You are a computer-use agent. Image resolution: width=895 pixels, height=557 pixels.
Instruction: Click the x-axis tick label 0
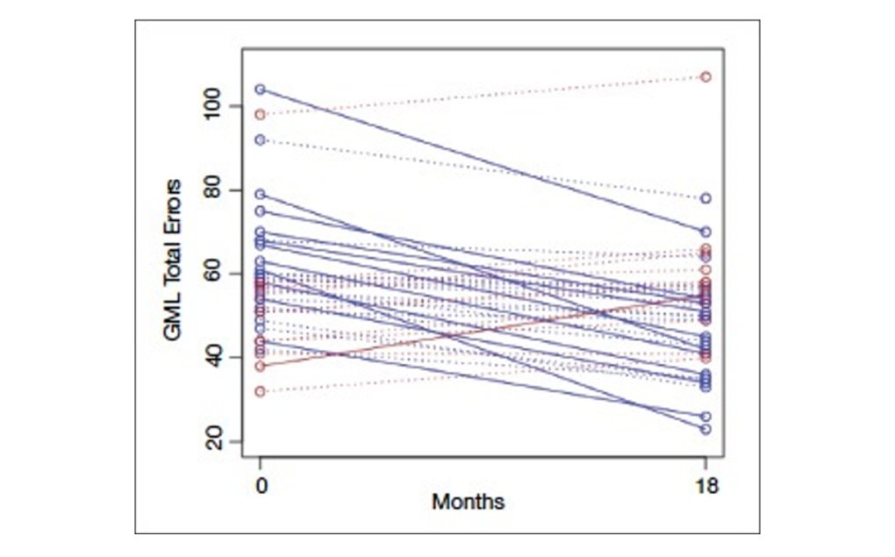coord(260,484)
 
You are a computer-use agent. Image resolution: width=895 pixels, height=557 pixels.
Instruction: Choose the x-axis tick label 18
coord(705,484)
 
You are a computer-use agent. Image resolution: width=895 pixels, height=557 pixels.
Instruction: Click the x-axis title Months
coord(468,503)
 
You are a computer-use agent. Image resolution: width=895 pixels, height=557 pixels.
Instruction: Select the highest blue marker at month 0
coord(260,89)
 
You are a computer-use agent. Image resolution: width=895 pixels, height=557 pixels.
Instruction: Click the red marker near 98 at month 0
coord(260,114)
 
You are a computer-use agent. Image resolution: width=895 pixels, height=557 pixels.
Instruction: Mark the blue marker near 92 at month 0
coord(260,139)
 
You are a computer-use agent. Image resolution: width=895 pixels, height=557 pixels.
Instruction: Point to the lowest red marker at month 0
coord(260,391)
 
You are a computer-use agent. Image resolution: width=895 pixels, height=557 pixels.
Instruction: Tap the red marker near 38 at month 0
coord(260,366)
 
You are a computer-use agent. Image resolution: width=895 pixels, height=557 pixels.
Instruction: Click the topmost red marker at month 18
coord(705,76)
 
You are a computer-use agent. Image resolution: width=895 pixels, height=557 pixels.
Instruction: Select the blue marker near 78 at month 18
coord(705,198)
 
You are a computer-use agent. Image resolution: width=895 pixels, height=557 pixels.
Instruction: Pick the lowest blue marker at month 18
coord(705,429)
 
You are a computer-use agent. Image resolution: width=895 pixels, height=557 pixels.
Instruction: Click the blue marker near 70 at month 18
coord(705,232)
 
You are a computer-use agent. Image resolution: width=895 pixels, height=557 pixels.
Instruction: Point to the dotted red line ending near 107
coord(483,95)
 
